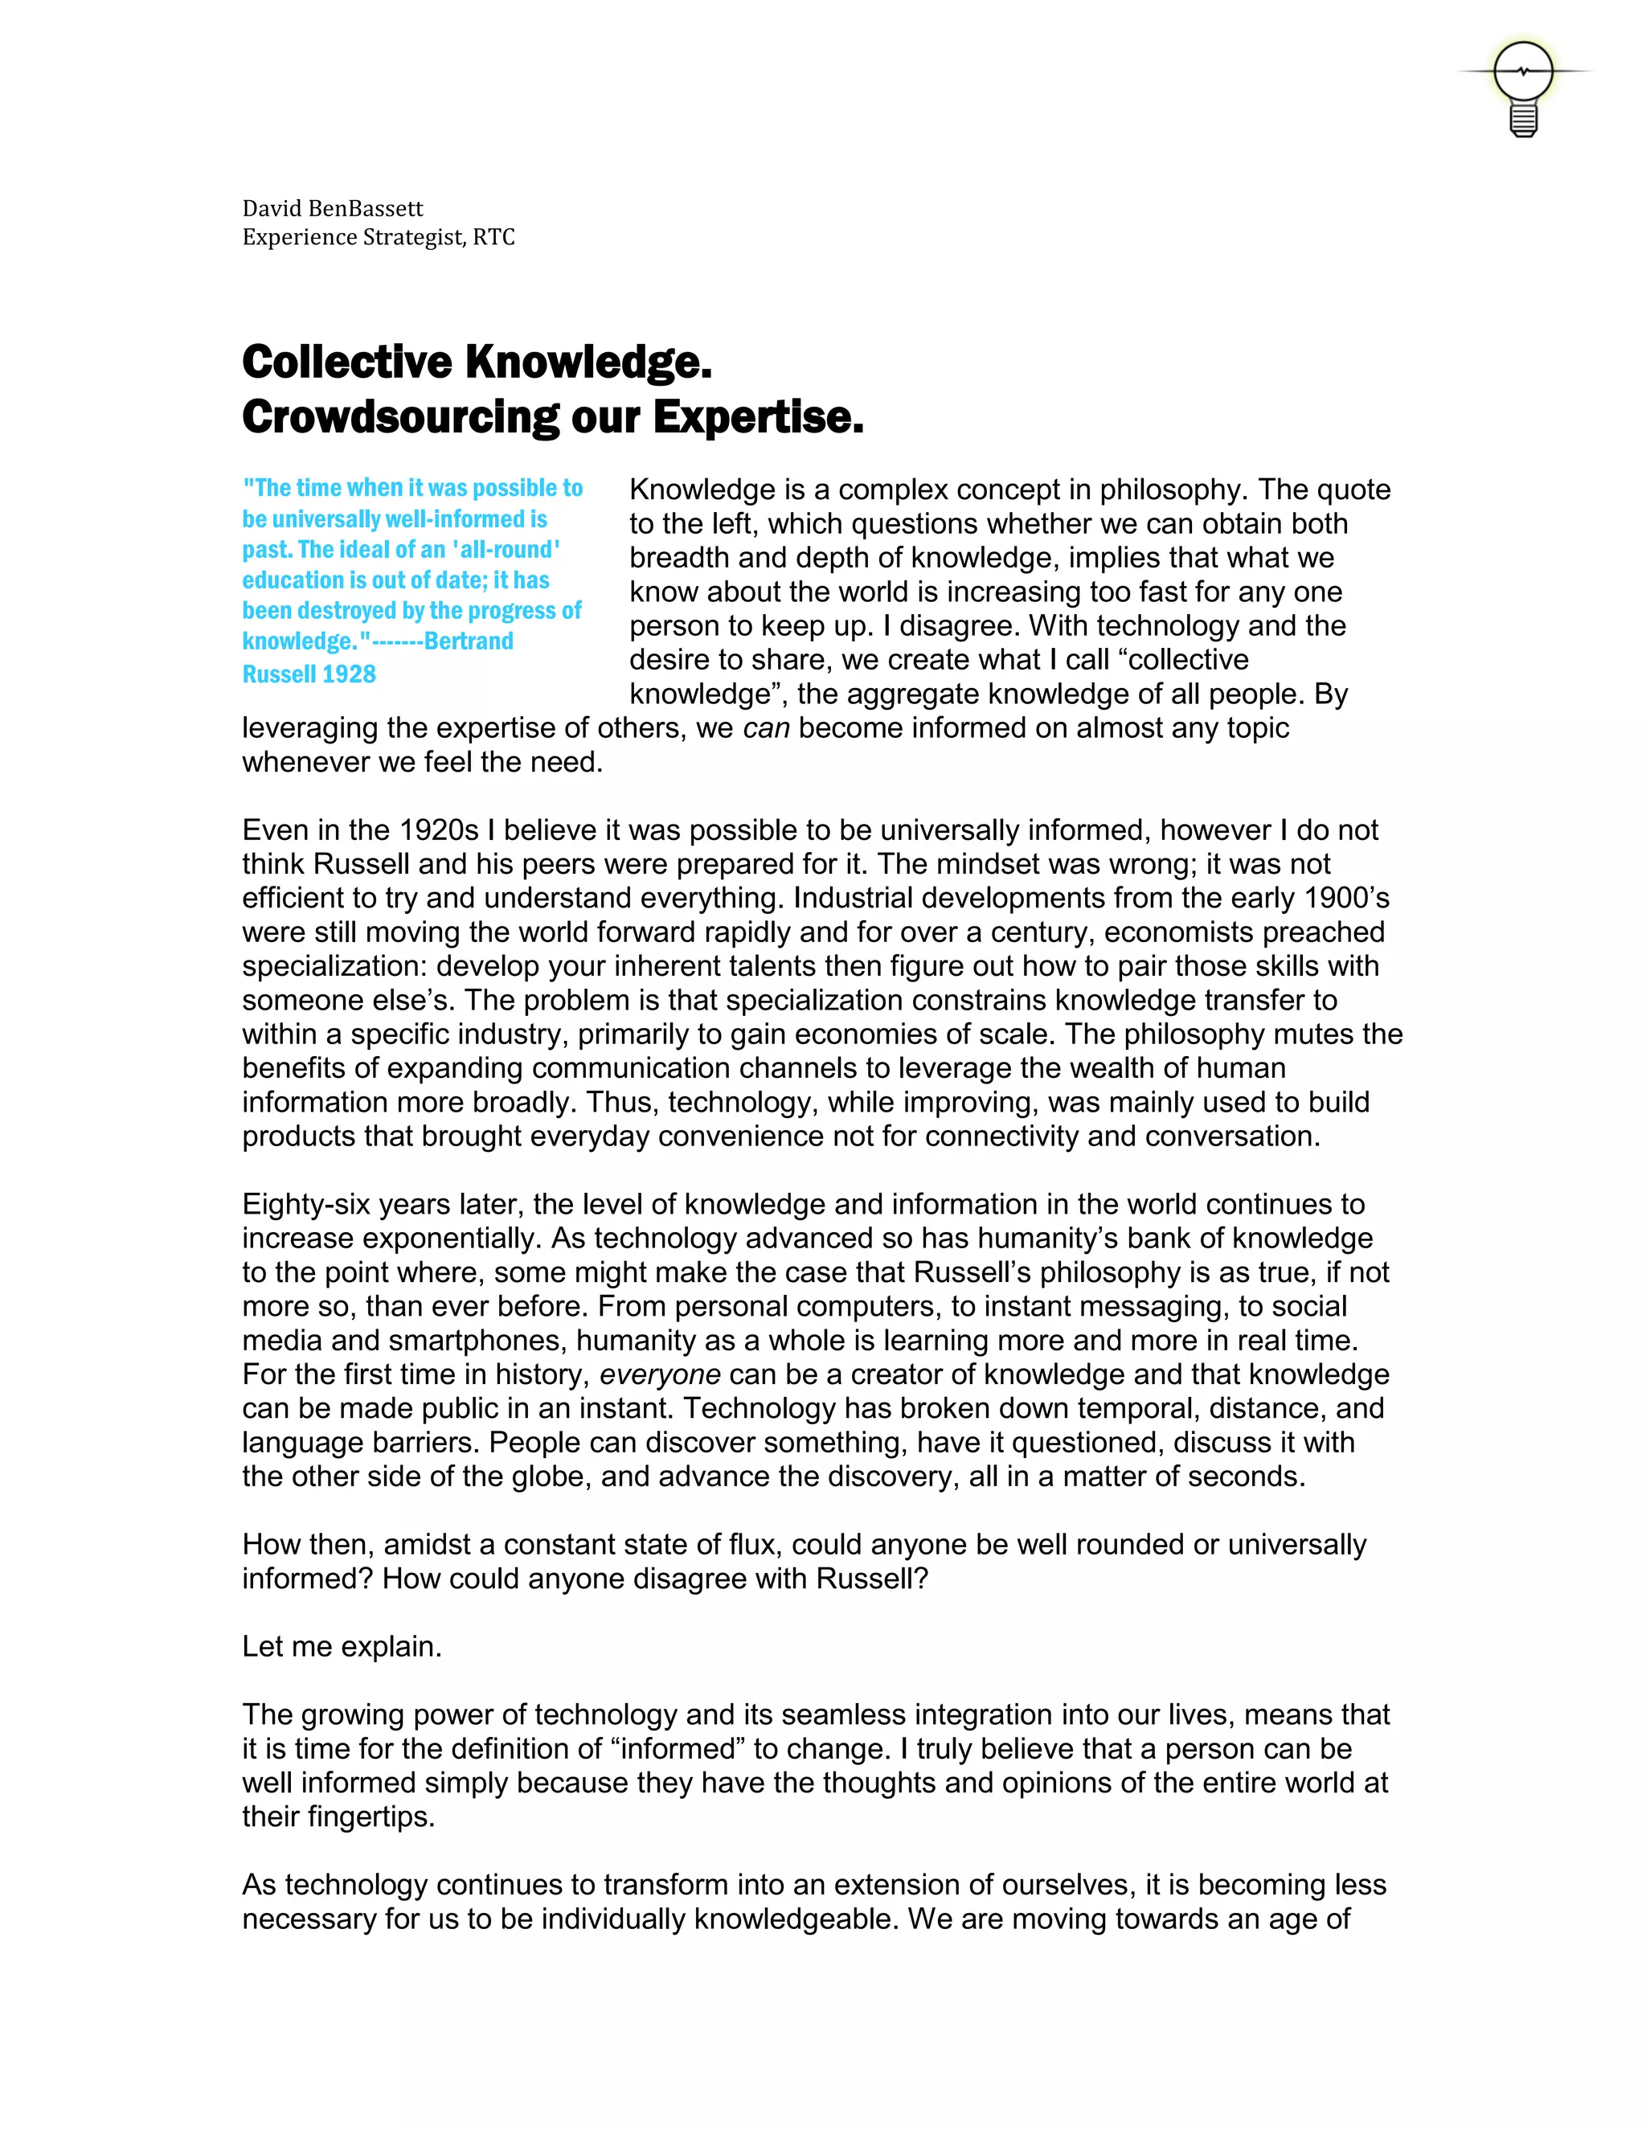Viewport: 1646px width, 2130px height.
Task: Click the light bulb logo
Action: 1523,87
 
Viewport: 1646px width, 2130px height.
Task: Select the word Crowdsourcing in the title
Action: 399,417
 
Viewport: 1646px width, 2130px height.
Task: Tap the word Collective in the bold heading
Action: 346,362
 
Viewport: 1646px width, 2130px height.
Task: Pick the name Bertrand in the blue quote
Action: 469,641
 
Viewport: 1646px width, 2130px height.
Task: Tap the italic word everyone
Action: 659,1374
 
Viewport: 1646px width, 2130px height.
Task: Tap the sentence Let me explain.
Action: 342,1646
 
